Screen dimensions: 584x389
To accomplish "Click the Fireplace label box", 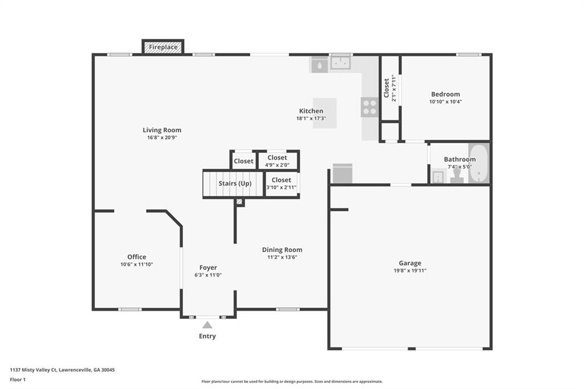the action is tap(163, 47).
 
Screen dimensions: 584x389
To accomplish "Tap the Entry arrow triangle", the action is tap(208, 325).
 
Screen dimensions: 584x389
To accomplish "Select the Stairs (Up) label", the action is tap(235, 183).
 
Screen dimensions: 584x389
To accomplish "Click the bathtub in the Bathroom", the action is tap(478, 163).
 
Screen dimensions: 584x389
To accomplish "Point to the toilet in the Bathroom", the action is tap(457, 174).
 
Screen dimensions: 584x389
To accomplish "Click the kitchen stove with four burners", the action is tap(370, 107).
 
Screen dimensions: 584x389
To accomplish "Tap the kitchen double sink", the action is tap(340, 63).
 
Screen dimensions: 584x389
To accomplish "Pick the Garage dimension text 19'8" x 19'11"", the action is tap(410, 271).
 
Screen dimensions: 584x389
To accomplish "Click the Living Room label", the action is tap(162, 130).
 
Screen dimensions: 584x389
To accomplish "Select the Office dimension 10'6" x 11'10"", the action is tap(137, 265).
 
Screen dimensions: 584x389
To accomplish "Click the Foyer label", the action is tap(208, 268).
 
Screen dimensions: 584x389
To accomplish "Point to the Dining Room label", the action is tap(282, 250).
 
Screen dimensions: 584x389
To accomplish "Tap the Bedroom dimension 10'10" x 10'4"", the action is tap(446, 102).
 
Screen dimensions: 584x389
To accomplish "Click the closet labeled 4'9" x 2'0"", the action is tap(278, 161).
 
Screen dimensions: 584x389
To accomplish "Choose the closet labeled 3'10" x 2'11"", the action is tap(282, 183).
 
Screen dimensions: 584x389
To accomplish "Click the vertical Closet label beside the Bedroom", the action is tap(386, 88).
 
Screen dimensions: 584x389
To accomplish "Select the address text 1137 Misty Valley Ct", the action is tap(33, 370).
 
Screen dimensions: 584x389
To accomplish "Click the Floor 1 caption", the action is tap(18, 380).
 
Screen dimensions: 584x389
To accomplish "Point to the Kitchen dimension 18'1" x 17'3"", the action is tap(311, 119).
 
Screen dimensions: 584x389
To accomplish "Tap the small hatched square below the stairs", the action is tap(240, 202).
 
